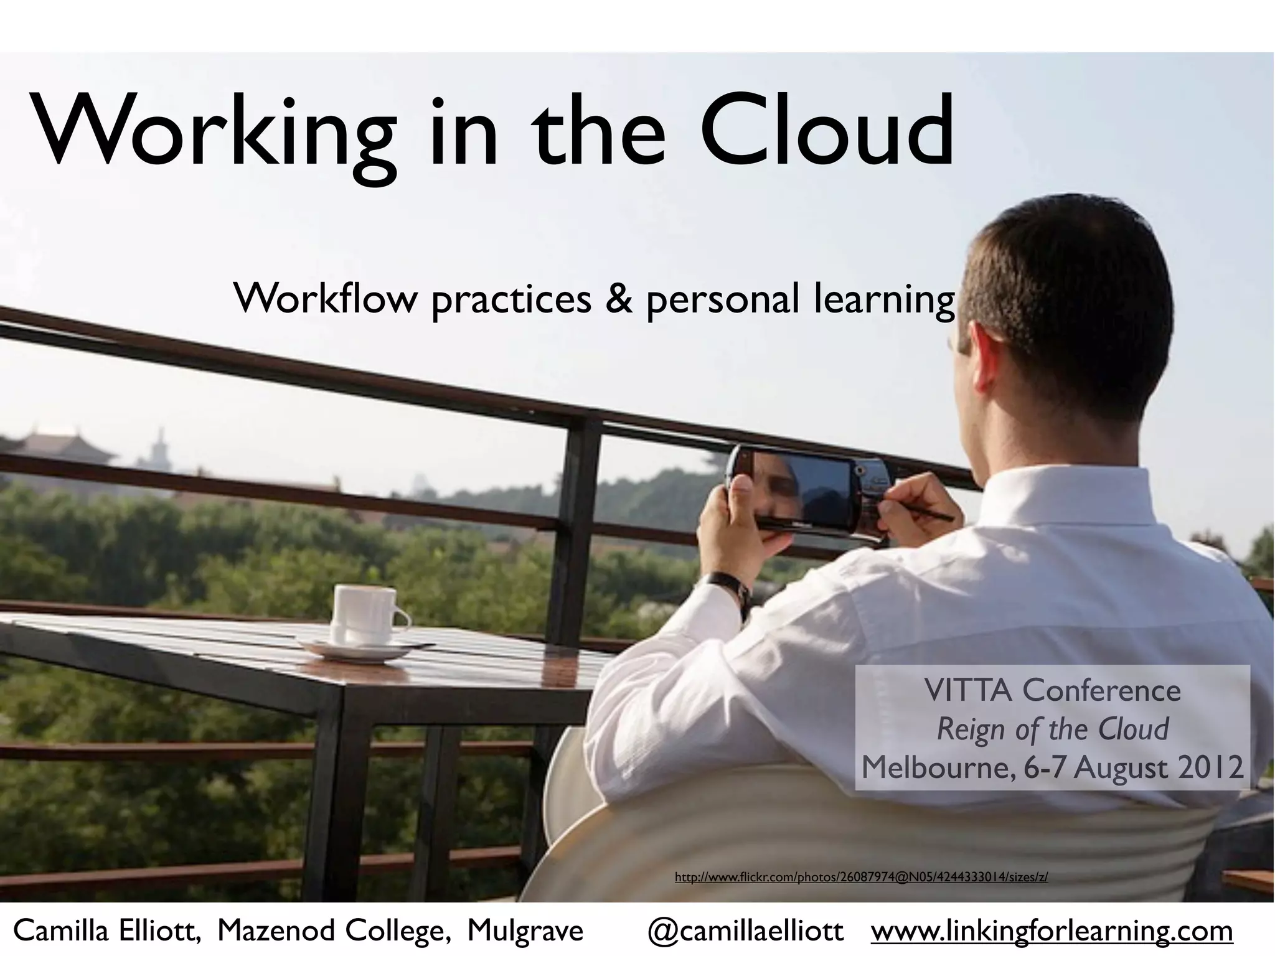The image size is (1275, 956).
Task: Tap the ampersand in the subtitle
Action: pos(618,298)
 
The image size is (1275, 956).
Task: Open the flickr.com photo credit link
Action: pos(861,878)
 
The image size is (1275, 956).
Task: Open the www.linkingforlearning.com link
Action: pos(1052,931)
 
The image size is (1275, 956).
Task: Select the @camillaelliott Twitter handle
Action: pos(745,931)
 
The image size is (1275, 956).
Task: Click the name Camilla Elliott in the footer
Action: pos(106,931)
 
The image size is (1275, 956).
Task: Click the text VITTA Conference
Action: pos(1052,690)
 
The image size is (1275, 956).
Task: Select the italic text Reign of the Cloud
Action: pos(1052,729)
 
